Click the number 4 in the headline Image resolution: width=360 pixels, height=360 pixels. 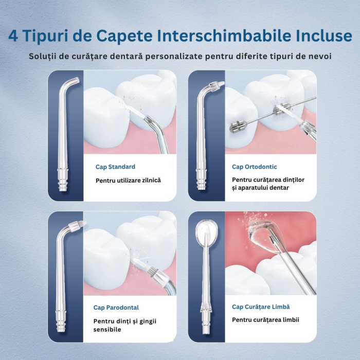[14, 37]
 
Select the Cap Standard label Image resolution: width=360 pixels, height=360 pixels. [115, 167]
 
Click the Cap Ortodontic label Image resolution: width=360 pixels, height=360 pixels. [254, 167]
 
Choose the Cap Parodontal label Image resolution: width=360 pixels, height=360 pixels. [116, 308]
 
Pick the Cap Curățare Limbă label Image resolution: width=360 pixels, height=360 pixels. [261, 307]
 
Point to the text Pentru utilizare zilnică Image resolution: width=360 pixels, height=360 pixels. [128, 181]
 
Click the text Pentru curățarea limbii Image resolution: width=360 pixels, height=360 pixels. [265, 320]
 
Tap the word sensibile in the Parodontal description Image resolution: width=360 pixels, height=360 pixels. [107, 330]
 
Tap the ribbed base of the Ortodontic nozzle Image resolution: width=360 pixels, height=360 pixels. [202, 184]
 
